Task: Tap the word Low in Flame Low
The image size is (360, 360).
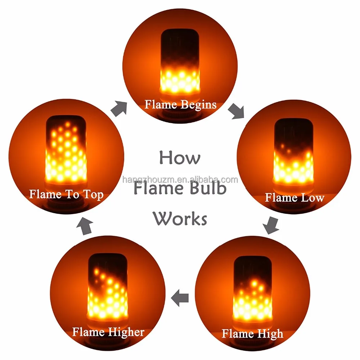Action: point(311,197)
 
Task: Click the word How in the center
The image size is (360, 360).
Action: point(180,158)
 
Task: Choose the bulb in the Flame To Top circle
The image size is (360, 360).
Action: point(66,149)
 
